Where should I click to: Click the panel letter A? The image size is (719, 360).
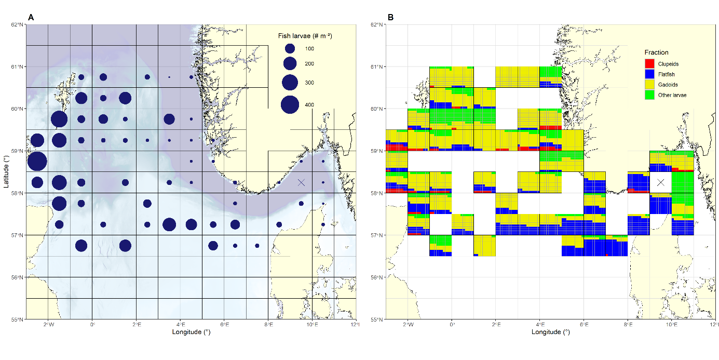click(31, 17)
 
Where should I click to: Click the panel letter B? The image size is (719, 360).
click(390, 17)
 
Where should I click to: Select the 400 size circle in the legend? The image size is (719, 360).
click(290, 105)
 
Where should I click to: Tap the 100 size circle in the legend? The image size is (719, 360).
click(290, 48)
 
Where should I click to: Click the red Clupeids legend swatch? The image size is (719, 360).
click(649, 64)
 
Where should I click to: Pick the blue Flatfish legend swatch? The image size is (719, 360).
click(649, 74)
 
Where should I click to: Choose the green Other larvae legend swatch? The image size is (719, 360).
click(649, 95)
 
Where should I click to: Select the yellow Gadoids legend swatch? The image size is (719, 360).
click(649, 85)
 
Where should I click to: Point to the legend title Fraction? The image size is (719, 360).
click(656, 52)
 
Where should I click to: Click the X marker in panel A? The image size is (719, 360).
click(302, 182)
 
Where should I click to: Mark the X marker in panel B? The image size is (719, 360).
click(661, 182)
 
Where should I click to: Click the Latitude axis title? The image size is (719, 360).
click(7, 172)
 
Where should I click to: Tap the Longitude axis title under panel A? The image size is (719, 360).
click(191, 332)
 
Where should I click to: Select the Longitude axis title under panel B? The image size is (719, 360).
click(551, 332)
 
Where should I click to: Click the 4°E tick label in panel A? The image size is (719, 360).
click(180, 325)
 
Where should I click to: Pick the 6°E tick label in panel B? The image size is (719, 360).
click(584, 325)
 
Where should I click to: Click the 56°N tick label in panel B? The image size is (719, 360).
click(377, 277)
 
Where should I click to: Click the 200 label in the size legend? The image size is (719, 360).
click(309, 64)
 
